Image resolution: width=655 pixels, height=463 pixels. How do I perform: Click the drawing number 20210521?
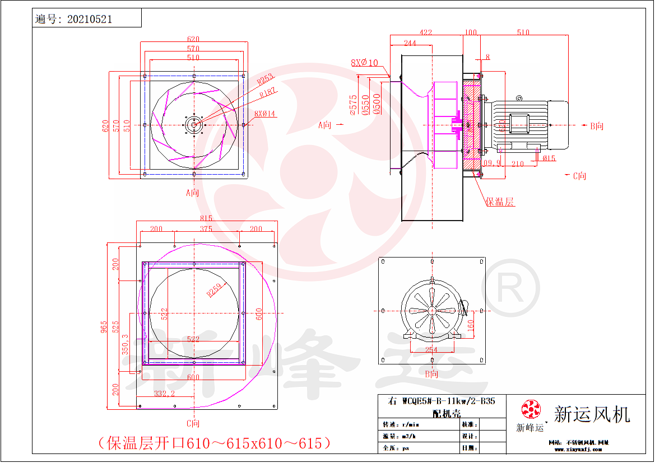point(90,19)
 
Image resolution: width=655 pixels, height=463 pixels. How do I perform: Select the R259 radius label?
point(214,289)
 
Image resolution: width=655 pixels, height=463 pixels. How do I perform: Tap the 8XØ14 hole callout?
point(266,114)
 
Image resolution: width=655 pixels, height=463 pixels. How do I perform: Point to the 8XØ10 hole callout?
point(364,63)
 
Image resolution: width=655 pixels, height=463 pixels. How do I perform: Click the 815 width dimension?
point(206,218)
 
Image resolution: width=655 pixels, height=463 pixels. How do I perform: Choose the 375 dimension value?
point(206,229)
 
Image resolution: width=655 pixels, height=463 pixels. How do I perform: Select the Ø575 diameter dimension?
point(353,105)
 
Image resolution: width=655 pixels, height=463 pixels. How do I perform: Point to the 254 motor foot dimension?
point(431,350)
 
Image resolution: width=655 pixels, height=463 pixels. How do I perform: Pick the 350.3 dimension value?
point(126,344)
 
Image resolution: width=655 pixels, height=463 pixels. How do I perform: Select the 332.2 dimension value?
point(165,394)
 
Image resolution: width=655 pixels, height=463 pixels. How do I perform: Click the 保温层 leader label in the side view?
point(500,202)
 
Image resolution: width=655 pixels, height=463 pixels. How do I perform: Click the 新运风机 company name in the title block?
point(592,414)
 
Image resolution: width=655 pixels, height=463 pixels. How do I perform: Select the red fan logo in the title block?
point(529,409)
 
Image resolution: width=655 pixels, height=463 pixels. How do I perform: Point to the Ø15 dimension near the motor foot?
point(549,158)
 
